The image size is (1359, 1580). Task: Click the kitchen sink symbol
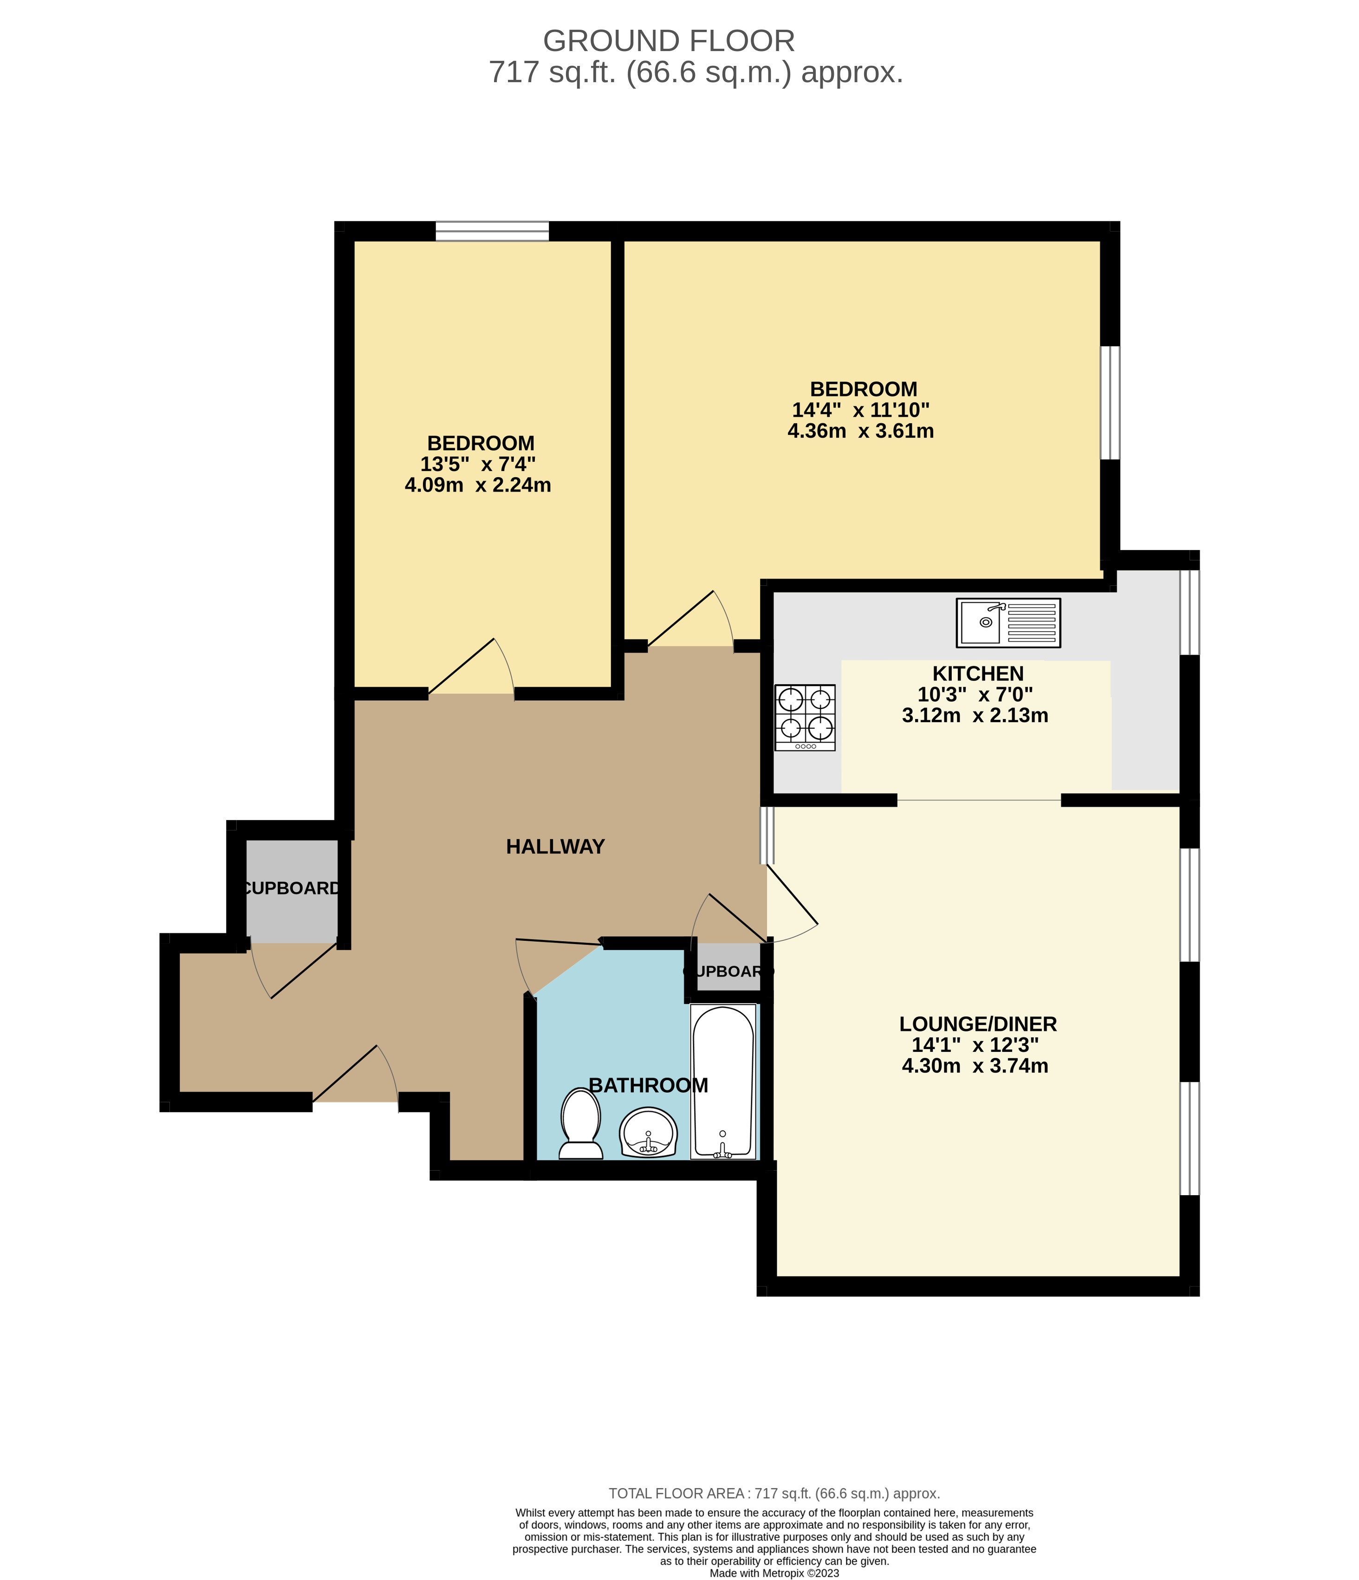click(1008, 622)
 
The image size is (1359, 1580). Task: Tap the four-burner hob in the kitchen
click(805, 717)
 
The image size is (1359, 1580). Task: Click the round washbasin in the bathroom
click(648, 1133)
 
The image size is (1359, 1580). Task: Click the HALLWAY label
click(555, 847)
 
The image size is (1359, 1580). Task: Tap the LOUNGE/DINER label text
click(978, 1024)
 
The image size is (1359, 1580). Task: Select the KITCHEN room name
click(978, 673)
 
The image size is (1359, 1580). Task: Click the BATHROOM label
click(648, 1085)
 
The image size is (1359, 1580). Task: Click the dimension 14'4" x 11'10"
click(860, 410)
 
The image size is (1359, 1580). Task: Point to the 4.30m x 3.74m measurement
click(975, 1066)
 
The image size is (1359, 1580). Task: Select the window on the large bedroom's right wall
click(1110, 402)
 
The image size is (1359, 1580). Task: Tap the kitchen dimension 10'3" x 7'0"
click(975, 695)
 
